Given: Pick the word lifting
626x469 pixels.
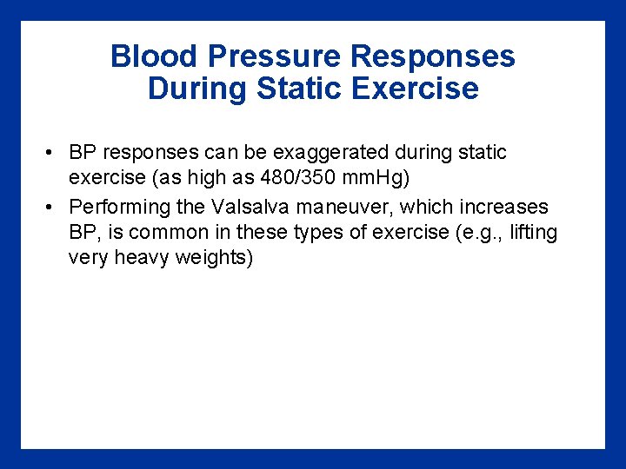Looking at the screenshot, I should (x=532, y=233).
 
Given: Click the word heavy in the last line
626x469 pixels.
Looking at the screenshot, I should (x=138, y=259).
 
